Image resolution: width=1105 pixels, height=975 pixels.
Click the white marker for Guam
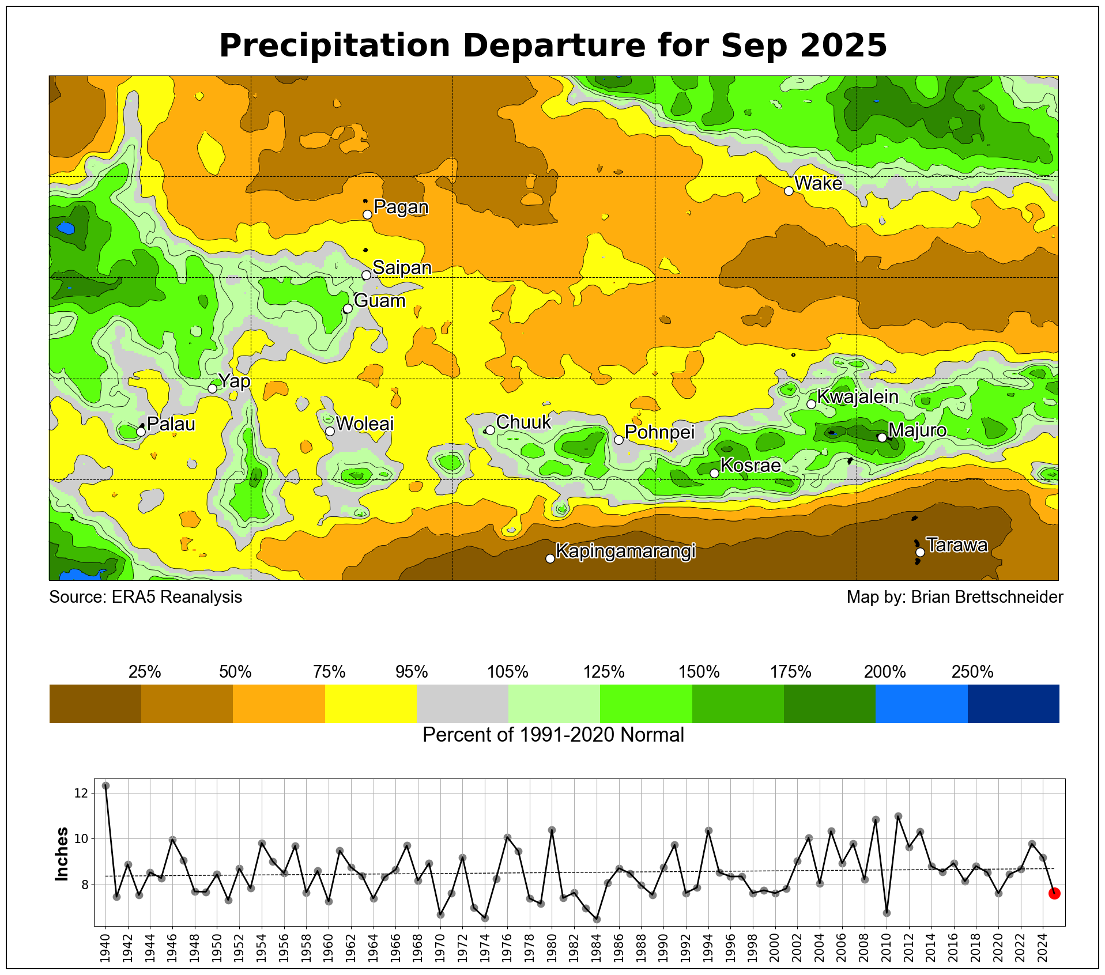tap(348, 309)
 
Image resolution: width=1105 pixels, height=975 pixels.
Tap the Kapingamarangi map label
tap(625, 551)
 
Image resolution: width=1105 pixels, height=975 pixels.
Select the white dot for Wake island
tap(789, 191)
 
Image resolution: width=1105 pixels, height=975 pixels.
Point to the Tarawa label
tap(957, 545)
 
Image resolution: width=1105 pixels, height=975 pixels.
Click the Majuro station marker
tap(882, 438)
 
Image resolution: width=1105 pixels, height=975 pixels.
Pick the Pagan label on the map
tap(401, 207)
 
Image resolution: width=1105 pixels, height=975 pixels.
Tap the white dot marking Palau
tap(141, 432)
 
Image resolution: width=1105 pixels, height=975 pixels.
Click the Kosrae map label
tap(751, 466)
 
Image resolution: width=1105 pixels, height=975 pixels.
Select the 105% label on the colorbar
tap(508, 672)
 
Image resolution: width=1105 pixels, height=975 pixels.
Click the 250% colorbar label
tap(972, 672)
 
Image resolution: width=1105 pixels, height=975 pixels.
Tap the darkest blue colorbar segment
tap(1013, 704)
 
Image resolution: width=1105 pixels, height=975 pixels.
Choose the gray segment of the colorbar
tap(462, 704)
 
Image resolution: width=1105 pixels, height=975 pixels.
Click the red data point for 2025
tap(1054, 893)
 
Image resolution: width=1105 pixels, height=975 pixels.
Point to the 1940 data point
tap(105, 786)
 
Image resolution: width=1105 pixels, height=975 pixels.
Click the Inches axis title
tap(62, 854)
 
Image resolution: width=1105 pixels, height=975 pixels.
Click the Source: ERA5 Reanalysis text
tap(146, 597)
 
